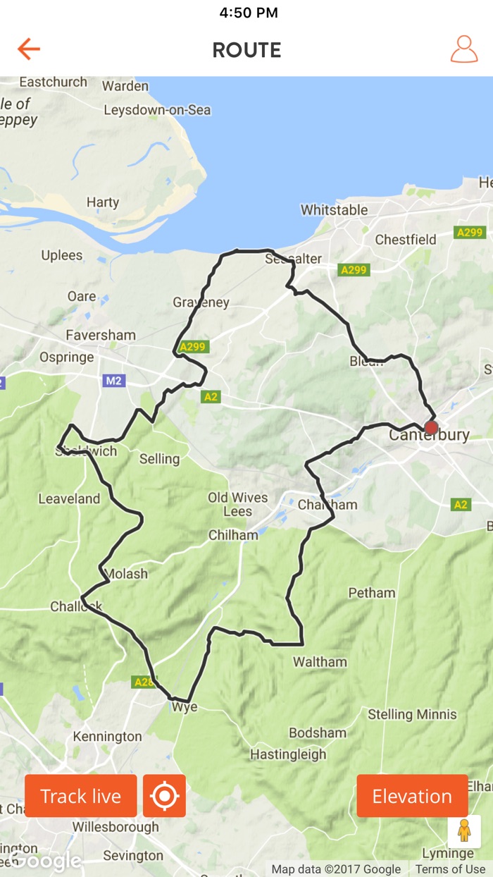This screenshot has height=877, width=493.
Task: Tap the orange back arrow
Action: (x=29, y=49)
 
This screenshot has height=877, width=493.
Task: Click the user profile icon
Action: (x=463, y=49)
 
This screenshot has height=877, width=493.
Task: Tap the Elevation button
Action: (x=412, y=796)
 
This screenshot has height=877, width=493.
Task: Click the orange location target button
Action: (x=164, y=796)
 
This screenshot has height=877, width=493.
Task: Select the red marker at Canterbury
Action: (x=431, y=427)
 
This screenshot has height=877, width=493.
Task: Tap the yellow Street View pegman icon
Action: (x=463, y=831)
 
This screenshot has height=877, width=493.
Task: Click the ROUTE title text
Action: (x=246, y=50)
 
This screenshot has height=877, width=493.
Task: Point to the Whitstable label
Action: (x=334, y=210)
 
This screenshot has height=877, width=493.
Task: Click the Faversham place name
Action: (x=101, y=335)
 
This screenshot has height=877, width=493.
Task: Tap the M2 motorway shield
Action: (x=113, y=381)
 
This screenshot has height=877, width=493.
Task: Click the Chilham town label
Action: (x=233, y=535)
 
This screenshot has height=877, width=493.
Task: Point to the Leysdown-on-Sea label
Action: (x=157, y=110)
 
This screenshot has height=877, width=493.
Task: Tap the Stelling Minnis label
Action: (x=412, y=714)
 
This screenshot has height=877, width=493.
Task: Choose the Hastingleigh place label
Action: (x=288, y=754)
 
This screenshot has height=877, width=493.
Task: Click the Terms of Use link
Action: (x=449, y=869)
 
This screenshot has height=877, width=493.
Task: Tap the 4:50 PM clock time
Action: (x=248, y=13)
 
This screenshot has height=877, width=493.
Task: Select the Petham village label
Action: (x=371, y=593)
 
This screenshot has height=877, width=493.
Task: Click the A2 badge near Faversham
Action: (x=211, y=397)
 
